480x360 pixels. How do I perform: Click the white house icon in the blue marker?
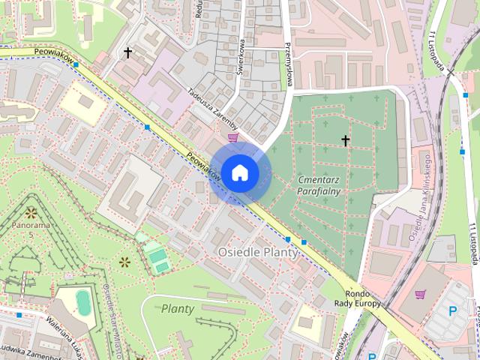(x=239, y=172)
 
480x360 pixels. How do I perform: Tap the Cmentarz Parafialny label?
(x=319, y=185)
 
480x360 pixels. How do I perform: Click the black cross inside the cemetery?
(x=346, y=140)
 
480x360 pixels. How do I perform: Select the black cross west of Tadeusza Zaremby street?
(x=128, y=52)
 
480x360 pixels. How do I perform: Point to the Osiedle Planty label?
(x=258, y=253)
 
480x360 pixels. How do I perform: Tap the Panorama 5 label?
(x=31, y=229)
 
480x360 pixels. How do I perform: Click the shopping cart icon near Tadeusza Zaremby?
(x=233, y=137)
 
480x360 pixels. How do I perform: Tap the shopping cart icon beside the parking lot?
(x=419, y=294)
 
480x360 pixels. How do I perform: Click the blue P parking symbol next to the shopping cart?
(x=451, y=310)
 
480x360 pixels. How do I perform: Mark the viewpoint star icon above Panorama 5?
(x=31, y=212)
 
